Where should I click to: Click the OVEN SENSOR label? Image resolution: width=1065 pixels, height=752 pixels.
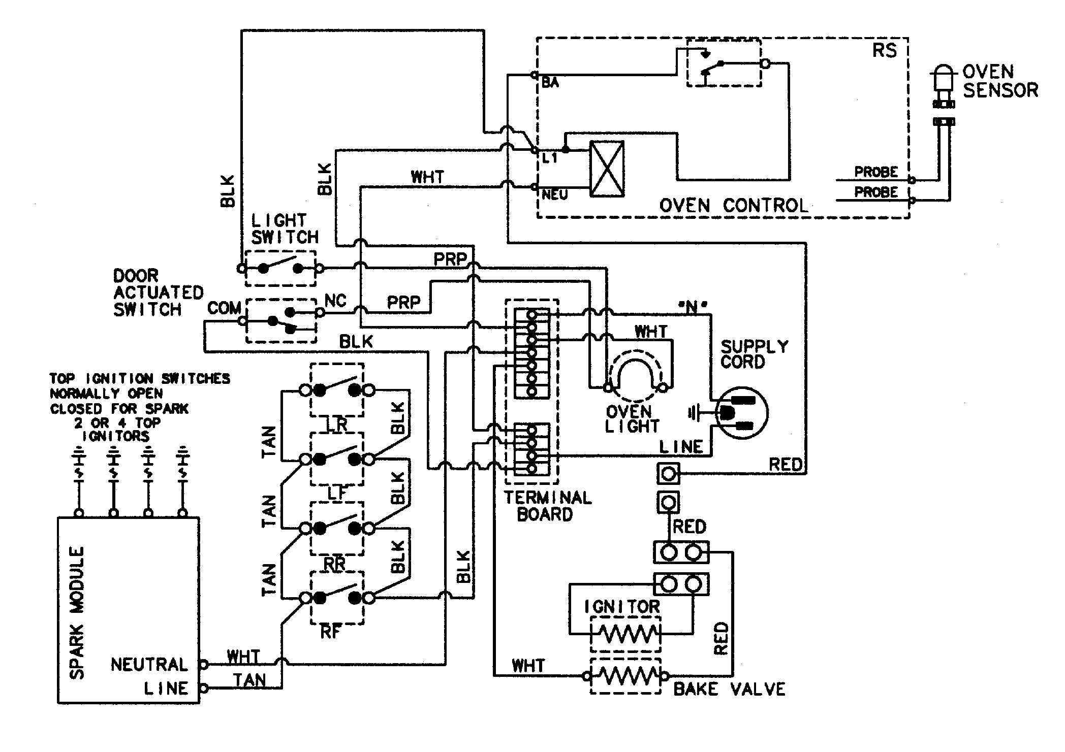click(999, 81)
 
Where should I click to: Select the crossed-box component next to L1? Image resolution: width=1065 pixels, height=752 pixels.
click(607, 169)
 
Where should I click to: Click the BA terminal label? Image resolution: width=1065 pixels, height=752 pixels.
click(550, 83)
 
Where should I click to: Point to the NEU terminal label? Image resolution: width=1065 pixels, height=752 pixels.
click(554, 195)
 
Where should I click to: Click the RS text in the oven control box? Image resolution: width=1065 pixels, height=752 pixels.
click(884, 51)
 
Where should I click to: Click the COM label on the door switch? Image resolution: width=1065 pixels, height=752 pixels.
click(224, 308)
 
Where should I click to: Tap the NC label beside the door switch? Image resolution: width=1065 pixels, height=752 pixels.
click(335, 301)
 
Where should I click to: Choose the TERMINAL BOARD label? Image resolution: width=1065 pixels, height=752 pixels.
click(547, 506)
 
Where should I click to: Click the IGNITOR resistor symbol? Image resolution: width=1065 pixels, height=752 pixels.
click(626, 634)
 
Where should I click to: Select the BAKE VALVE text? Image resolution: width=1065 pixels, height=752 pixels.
click(729, 689)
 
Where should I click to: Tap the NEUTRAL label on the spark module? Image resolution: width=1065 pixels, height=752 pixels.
click(149, 664)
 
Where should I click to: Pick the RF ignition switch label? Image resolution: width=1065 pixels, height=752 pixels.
click(331, 632)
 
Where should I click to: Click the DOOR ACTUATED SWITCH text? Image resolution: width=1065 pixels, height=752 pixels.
click(158, 293)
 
